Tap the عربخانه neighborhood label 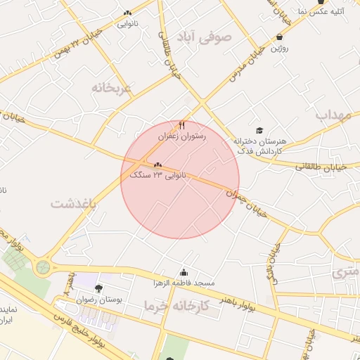(x=111, y=88)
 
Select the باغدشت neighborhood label (x=73, y=203)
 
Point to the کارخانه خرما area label (x=176, y=306)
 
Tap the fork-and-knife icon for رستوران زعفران (x=182, y=125)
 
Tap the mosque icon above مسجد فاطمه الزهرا (x=184, y=273)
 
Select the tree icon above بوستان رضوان (x=98, y=288)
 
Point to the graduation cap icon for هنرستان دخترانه (x=259, y=131)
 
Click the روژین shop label (x=279, y=47)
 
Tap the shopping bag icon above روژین (x=280, y=37)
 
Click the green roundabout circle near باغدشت (x=44, y=267)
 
